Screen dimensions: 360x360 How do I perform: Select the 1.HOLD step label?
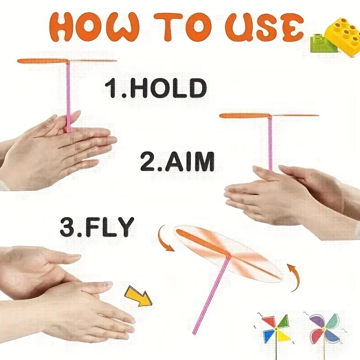[x=156, y=88]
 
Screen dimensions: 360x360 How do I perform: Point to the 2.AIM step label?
[x=177, y=162]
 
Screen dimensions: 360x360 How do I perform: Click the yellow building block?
[x=340, y=33]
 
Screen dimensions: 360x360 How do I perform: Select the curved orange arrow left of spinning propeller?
[x=164, y=239]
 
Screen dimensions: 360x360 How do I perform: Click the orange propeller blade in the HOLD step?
[x=43, y=61]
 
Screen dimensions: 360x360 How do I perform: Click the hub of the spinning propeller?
[x=229, y=256]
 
